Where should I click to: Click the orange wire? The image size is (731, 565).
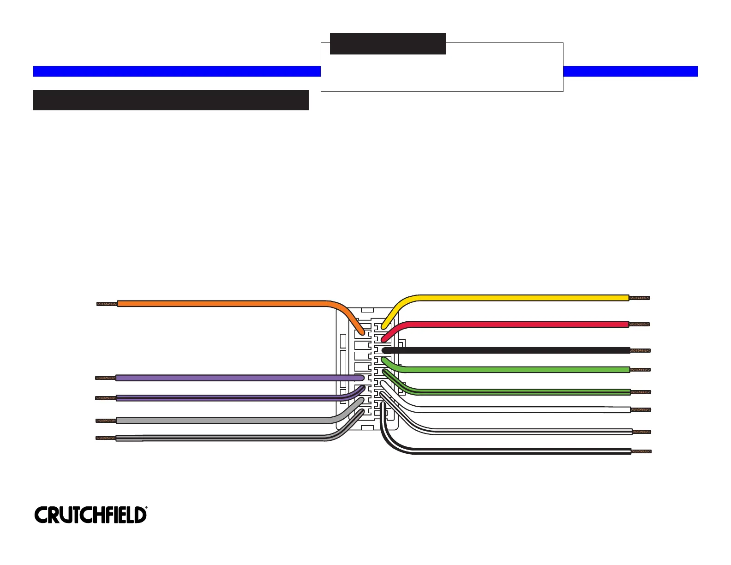[x=222, y=303]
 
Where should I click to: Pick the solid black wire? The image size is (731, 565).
[x=508, y=350]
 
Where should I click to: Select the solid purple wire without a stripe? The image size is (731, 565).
[x=231, y=378]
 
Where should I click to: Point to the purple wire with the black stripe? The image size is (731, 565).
[x=231, y=398]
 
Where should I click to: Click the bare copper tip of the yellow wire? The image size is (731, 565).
[x=640, y=298]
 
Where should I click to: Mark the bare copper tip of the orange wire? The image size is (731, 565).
[x=107, y=304]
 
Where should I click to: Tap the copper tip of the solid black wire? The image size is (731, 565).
[x=641, y=350]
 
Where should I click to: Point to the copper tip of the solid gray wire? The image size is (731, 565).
[x=106, y=421]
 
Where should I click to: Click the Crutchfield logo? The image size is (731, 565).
[x=90, y=515]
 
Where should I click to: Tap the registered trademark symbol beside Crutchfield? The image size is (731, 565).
[x=146, y=508]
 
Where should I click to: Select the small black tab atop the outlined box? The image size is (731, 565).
[x=388, y=44]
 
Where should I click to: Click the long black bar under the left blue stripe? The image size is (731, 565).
[x=171, y=100]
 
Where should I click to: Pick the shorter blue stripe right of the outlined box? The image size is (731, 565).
[x=630, y=71]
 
